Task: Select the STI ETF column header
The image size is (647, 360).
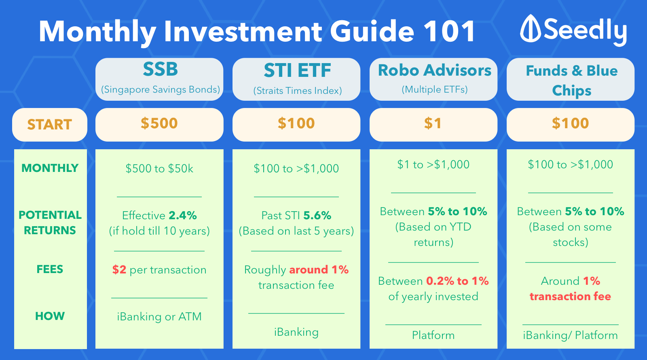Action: click(297, 70)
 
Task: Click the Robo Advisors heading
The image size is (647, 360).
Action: click(434, 70)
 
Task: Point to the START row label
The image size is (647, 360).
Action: click(49, 125)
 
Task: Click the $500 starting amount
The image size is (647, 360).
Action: click(159, 123)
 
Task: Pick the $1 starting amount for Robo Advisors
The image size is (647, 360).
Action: click(433, 123)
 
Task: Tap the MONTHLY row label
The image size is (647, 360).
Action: click(50, 168)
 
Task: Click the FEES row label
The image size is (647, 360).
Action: click(50, 269)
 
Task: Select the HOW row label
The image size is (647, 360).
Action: click(50, 316)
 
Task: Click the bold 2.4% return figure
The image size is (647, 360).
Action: click(182, 216)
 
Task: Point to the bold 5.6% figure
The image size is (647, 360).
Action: click(317, 216)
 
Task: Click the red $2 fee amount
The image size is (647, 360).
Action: click(119, 269)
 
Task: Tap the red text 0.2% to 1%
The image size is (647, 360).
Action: click(457, 281)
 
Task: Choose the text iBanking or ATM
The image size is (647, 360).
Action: click(159, 317)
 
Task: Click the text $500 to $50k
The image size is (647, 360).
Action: click(159, 168)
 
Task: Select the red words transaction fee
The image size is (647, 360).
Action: click(570, 296)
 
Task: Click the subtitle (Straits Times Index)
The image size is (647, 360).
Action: click(298, 91)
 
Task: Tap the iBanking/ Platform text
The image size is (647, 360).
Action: click(570, 335)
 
